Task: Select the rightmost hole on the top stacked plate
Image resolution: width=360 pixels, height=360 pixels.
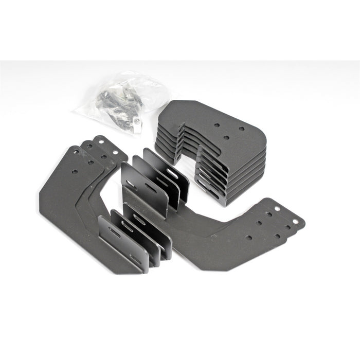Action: tap(242, 129)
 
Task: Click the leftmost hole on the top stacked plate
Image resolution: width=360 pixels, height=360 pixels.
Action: tap(217, 124)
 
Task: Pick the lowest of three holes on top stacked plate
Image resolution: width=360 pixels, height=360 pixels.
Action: tap(227, 137)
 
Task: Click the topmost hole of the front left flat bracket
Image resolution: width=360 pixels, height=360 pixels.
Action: tap(76, 152)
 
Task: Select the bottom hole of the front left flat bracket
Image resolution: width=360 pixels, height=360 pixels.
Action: tap(75, 171)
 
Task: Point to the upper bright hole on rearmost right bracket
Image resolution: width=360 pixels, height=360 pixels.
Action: tap(278, 208)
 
